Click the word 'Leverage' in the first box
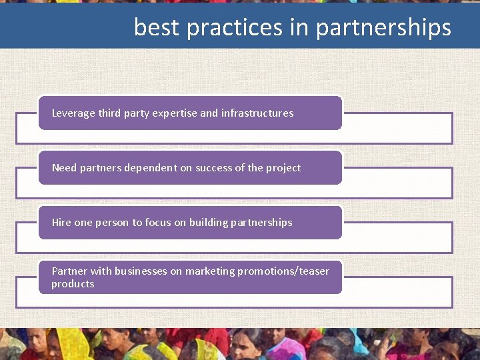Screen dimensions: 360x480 tap(73, 113)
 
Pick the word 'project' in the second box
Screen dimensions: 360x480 tap(283, 168)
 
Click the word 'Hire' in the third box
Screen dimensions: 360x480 tap(61, 223)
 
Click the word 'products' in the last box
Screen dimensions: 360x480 tap(73, 284)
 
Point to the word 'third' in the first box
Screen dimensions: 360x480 tap(109, 113)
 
